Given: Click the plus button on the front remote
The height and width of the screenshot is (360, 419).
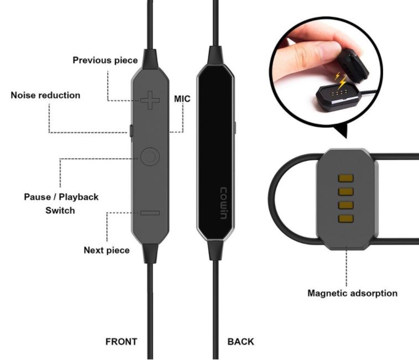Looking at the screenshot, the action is pos(150,100).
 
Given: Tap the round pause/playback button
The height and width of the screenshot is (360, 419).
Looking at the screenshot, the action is pos(150,156).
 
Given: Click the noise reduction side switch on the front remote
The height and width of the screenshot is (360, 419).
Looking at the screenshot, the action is pos(131,131).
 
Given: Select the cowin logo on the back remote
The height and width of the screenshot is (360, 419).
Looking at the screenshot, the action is pos(224,204).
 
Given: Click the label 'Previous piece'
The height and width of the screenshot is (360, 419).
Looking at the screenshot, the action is pos(105,60).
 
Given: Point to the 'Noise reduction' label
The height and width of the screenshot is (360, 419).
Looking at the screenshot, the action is pos(45,95).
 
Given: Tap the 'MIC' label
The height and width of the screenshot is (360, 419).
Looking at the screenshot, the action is pos(182,99).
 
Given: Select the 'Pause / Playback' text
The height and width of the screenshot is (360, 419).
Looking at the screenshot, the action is pos(61,197).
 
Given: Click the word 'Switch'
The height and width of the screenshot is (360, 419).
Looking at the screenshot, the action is pos(60,210).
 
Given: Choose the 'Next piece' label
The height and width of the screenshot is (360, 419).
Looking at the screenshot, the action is pos(107,250).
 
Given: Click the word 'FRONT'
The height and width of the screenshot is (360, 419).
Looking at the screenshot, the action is pos(121,342).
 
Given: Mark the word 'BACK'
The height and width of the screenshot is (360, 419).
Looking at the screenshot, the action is pos(241,342).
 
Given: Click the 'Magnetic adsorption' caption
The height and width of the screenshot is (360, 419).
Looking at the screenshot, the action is pos(353,293).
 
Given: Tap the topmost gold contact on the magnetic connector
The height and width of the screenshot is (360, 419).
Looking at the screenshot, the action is pos(346,178).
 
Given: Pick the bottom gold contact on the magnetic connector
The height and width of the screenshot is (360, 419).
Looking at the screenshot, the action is pos(346,218).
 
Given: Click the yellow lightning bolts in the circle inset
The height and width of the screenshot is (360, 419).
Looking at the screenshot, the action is pos(340,80).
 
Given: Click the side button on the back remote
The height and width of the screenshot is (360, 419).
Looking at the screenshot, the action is pos(235,128).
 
